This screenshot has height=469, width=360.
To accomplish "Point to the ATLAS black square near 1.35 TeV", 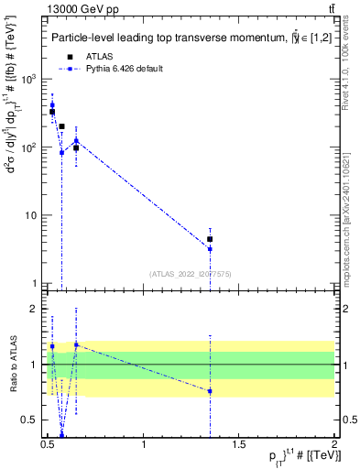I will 210,239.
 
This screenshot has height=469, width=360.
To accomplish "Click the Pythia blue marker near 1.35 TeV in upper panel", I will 210,249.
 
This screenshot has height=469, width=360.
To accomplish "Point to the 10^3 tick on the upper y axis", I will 33,80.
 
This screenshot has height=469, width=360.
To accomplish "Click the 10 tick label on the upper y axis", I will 33,216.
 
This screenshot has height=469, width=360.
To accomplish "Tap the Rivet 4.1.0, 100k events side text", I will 351,82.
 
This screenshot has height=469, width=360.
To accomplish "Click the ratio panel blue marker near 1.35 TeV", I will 210,391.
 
